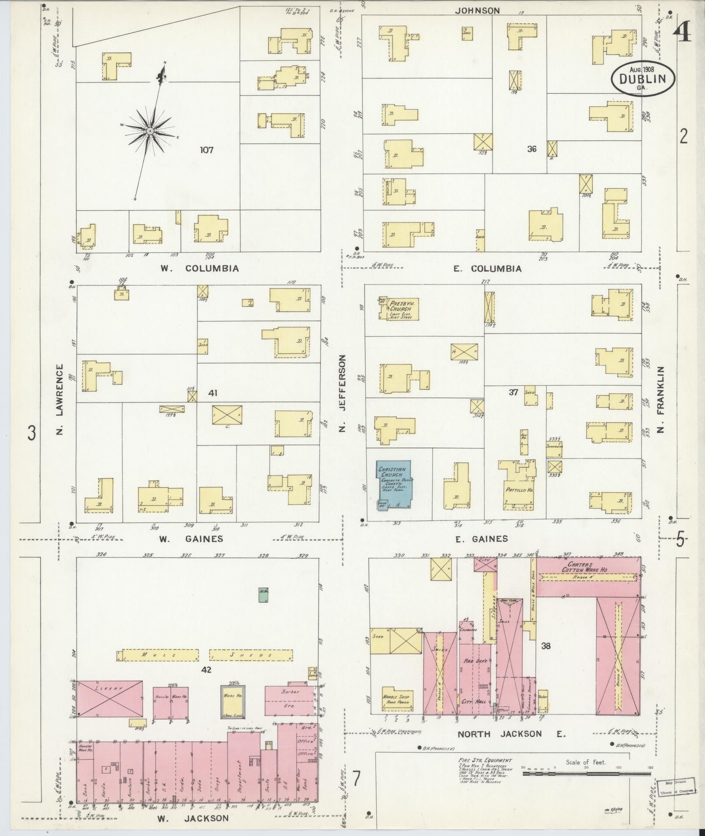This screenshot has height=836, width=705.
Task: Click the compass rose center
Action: click(150, 131)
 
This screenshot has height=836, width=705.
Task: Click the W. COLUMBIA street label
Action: click(199, 268)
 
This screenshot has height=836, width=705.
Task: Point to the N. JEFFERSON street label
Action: click(343, 393)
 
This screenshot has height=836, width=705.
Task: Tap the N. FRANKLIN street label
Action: click(660, 399)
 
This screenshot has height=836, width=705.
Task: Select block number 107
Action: click(206, 150)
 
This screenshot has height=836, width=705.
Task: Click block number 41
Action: click(213, 393)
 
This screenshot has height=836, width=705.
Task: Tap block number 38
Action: click(546, 645)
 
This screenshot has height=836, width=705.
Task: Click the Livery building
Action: click(110, 698)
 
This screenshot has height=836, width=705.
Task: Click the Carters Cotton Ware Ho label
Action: click(588, 567)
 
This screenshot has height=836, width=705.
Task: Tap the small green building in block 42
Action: click(263, 595)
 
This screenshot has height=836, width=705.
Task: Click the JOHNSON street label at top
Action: click(477, 11)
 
